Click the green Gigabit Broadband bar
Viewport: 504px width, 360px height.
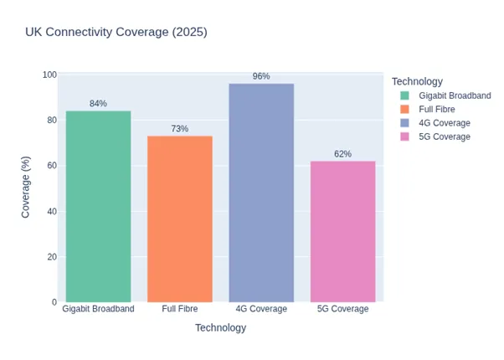point(98,206)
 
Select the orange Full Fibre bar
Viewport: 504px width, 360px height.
point(179,219)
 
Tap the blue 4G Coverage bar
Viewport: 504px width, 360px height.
point(261,193)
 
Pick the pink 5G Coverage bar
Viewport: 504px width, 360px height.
point(342,231)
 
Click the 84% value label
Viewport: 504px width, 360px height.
point(98,104)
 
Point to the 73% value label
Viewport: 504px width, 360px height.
point(179,129)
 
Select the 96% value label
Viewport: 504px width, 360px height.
point(261,76)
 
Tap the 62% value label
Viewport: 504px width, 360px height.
point(342,154)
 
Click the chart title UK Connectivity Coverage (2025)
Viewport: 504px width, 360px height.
point(116,33)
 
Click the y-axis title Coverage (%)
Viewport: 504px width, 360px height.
point(26,188)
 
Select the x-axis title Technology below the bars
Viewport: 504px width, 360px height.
point(220,328)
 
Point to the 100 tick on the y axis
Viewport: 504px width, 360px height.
point(49,75)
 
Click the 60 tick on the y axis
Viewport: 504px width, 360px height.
point(51,166)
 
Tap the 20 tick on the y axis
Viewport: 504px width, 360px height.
point(51,257)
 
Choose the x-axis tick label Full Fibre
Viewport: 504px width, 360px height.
point(179,309)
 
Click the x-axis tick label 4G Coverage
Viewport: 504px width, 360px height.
point(261,309)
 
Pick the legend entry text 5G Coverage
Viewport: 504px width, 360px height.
point(445,136)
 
